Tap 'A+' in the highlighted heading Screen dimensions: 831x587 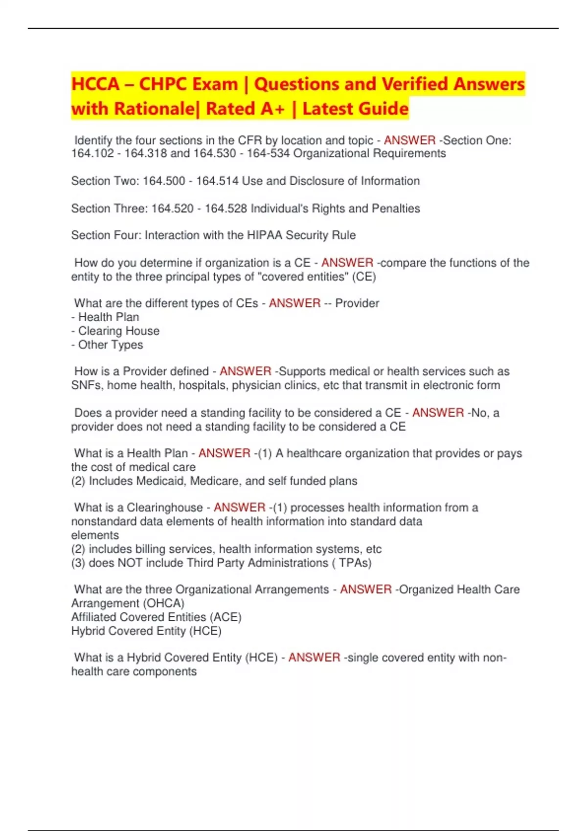pos(272,109)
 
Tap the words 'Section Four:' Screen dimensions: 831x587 pos(107,235)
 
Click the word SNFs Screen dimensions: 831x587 pos(86,385)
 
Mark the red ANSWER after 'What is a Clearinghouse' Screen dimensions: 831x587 pos(240,507)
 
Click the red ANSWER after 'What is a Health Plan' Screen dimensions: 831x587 pos(224,453)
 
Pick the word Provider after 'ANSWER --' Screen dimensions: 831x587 pos(357,303)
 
